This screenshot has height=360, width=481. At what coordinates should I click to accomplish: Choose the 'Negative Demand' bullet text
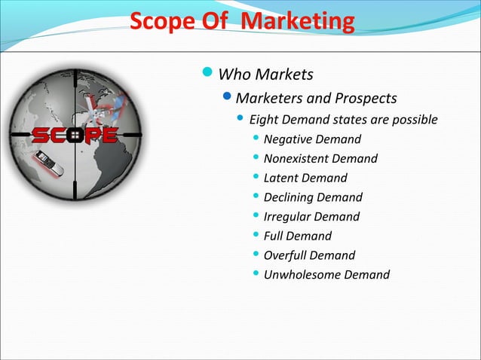coord(312,139)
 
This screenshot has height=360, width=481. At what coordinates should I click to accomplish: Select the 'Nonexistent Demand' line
coord(320,158)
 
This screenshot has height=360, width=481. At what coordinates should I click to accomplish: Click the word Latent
coord(280,178)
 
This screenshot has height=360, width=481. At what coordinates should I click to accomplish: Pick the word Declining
coord(288,197)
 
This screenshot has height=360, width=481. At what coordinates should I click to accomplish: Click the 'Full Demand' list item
coord(297,236)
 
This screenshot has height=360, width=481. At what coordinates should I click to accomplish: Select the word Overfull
coord(286,255)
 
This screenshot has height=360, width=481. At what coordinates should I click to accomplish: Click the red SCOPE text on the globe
coord(73,136)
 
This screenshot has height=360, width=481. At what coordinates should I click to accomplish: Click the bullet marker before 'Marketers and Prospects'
coord(229,98)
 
